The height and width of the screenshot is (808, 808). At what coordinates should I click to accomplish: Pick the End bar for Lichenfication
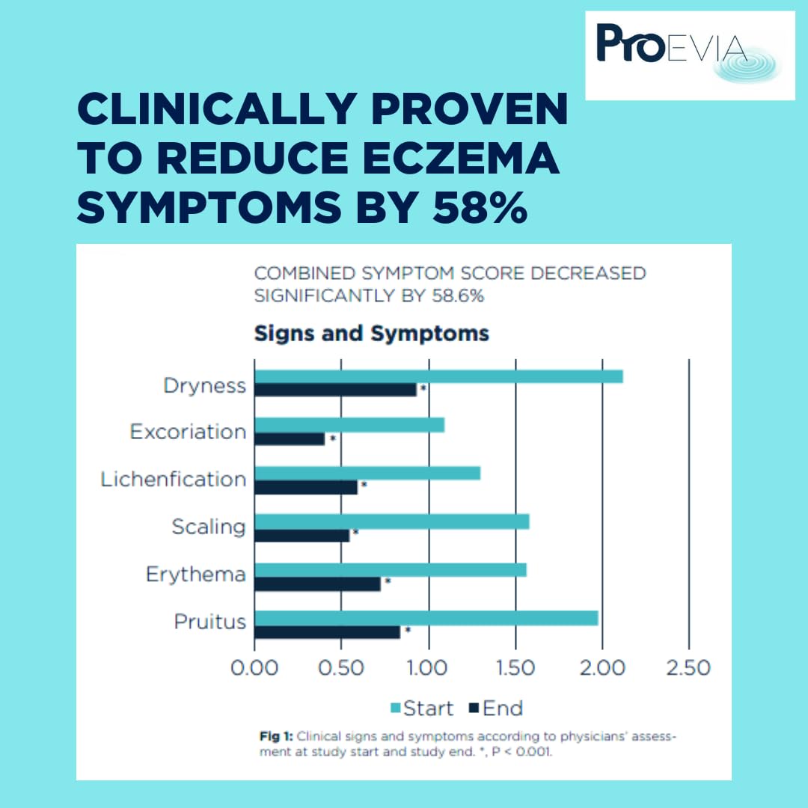click(x=306, y=487)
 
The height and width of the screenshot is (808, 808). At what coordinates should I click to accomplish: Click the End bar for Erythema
click(x=317, y=584)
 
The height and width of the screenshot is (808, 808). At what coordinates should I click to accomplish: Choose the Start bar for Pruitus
click(x=426, y=618)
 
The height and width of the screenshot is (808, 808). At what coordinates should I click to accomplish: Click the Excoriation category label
click(x=188, y=432)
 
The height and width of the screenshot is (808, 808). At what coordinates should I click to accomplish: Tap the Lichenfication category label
click(x=174, y=480)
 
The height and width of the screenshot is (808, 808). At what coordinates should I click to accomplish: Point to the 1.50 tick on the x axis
click(x=515, y=667)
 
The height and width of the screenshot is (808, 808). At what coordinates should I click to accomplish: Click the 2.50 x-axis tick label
click(x=688, y=667)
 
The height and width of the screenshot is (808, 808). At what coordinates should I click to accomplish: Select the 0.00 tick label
click(x=254, y=667)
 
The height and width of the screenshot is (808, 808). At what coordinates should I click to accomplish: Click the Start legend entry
click(x=422, y=708)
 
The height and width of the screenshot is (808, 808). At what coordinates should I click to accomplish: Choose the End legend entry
click(x=495, y=708)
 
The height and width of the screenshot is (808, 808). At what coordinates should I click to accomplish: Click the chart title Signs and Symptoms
click(x=371, y=334)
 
